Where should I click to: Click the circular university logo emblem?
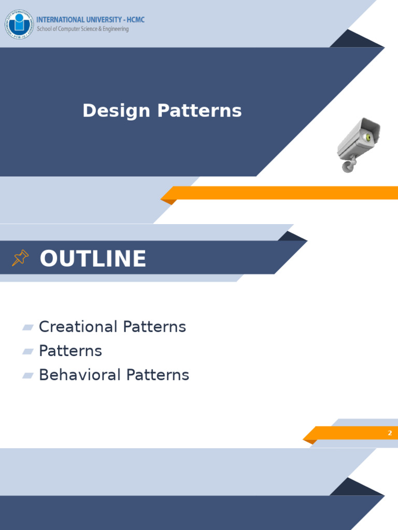point(19,24)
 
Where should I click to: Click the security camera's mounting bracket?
point(349,164)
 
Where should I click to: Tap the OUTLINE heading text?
point(93,259)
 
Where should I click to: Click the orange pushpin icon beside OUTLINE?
point(20,258)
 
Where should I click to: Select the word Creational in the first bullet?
point(78,327)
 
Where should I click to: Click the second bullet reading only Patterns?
point(70,351)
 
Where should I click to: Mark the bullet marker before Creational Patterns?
point(27,327)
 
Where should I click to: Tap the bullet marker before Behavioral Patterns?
point(27,375)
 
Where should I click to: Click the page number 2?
point(390,433)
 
